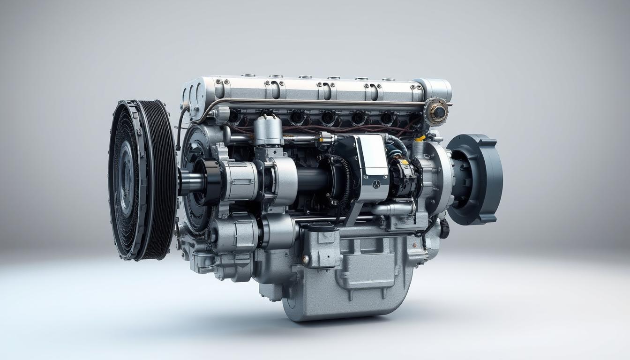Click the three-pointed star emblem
(376, 184)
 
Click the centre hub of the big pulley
(126, 179)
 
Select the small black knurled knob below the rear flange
(444, 228)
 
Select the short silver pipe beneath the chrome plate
(394, 209)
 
